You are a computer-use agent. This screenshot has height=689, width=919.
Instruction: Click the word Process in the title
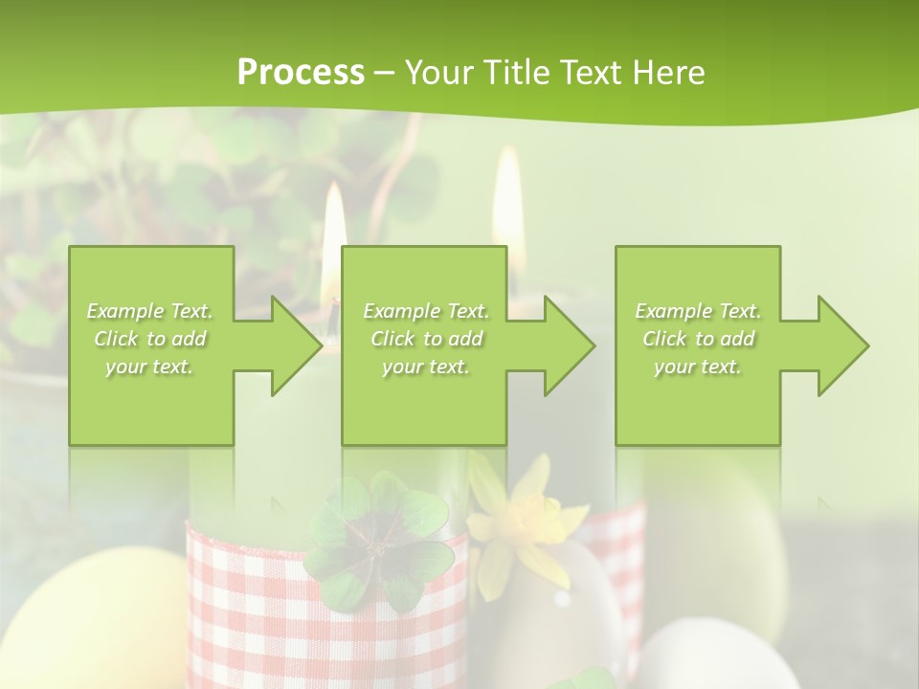point(301,73)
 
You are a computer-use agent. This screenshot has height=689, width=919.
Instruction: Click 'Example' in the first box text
point(124,311)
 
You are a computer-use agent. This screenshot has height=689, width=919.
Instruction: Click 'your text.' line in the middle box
point(425,367)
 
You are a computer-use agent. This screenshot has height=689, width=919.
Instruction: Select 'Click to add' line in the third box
point(698,339)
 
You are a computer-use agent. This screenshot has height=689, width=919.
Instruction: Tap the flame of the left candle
point(334,239)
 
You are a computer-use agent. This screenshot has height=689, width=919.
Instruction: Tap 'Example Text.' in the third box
point(698,311)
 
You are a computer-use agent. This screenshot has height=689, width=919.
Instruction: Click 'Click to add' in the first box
point(150,339)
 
